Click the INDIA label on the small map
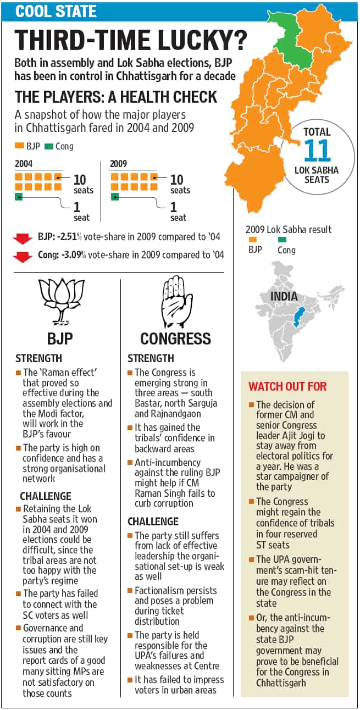pos(284,297)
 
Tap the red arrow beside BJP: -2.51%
pos(23,238)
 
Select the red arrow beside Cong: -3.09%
pos(23,257)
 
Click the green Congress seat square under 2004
pos(19,197)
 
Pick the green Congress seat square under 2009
pos(115,197)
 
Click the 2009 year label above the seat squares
pos(118,164)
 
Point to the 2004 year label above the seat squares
pos(24,164)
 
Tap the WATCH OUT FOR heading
pos(287,386)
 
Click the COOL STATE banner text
pos(56,11)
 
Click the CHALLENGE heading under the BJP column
pos(46,496)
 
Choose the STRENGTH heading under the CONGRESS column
pos(151,358)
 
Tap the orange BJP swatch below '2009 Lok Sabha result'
pos(253,240)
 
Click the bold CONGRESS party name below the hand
pos(175,339)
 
